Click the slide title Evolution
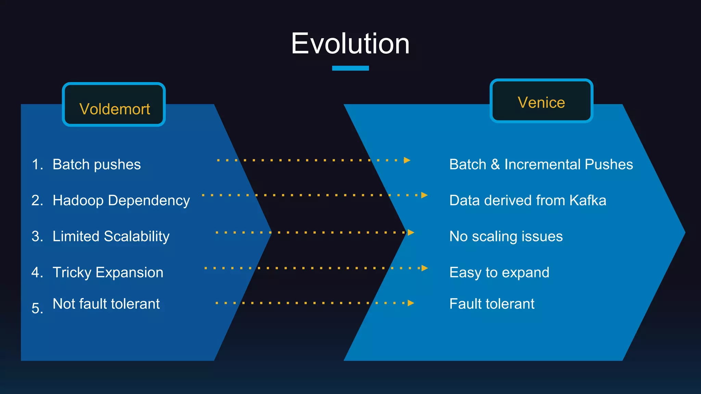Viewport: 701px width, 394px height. pos(350,44)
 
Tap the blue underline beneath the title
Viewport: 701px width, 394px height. pos(350,68)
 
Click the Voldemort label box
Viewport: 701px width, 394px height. pos(114,105)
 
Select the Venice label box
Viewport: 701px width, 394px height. pos(541,101)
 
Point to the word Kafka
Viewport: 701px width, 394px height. pos(588,200)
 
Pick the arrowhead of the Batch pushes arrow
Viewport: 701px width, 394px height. pos(407,160)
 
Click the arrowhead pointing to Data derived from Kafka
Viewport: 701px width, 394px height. pos(424,195)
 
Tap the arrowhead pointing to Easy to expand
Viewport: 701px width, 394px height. pos(424,268)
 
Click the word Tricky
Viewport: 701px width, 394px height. pos(72,273)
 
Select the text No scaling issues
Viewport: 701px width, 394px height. pos(506,236)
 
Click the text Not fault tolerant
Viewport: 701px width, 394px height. pos(106,304)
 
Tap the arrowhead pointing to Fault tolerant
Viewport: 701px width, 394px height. pos(411,303)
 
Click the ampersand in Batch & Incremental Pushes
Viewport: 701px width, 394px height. pos(495,165)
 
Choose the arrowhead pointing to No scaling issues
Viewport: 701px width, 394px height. pos(411,233)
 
